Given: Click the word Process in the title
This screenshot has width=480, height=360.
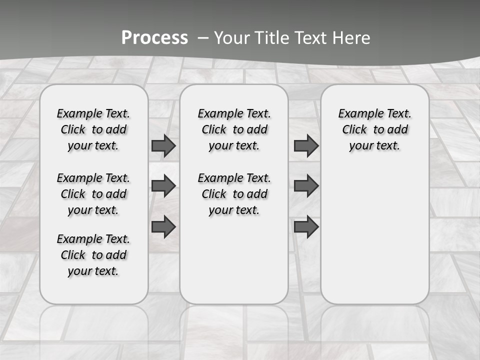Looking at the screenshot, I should tap(154, 37).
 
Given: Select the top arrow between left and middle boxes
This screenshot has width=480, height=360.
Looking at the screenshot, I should tap(163, 145).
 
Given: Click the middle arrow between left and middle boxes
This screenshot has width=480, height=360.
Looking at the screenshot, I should tap(163, 186).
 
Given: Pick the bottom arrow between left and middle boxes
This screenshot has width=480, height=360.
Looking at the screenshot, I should tap(163, 226).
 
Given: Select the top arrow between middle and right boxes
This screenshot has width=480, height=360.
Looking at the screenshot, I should tap(306, 145).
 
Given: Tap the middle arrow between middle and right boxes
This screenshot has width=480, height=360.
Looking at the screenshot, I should tap(306, 186).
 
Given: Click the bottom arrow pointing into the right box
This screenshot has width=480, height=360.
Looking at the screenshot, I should tap(306, 226).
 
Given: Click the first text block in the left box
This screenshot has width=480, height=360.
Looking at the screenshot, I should tap(93, 129).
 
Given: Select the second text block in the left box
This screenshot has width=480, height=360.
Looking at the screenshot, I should tap(93, 194).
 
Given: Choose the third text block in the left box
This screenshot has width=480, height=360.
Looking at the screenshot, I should tap(93, 255).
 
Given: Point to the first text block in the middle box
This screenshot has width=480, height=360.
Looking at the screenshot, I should tap(234, 129).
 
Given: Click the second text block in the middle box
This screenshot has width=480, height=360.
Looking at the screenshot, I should tap(234, 194).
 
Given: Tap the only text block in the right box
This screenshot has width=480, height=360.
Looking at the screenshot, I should tap(375, 129).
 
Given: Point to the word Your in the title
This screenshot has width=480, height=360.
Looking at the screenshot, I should tap(231, 37).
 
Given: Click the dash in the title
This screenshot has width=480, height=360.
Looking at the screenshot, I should tap(202, 38).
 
